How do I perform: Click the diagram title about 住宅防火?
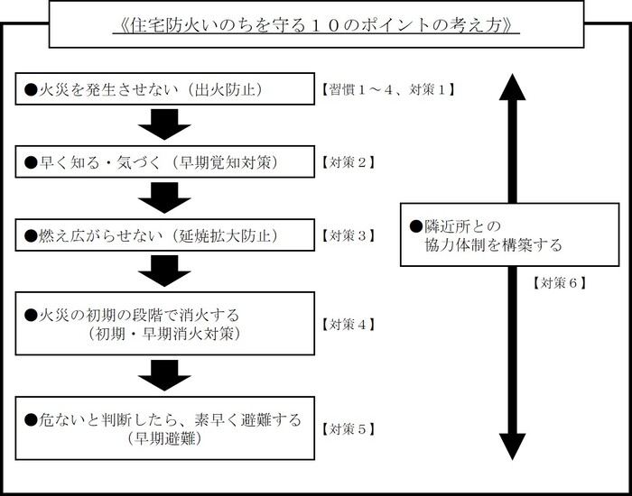[x=317, y=23]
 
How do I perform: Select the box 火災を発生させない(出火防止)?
[x=164, y=89]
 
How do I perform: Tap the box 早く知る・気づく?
[x=164, y=162]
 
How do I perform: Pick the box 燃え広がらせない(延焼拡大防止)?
[x=164, y=235]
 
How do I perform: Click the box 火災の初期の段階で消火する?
[x=164, y=324]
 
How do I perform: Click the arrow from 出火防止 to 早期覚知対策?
[x=164, y=124]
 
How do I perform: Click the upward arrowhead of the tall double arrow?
[x=512, y=87]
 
